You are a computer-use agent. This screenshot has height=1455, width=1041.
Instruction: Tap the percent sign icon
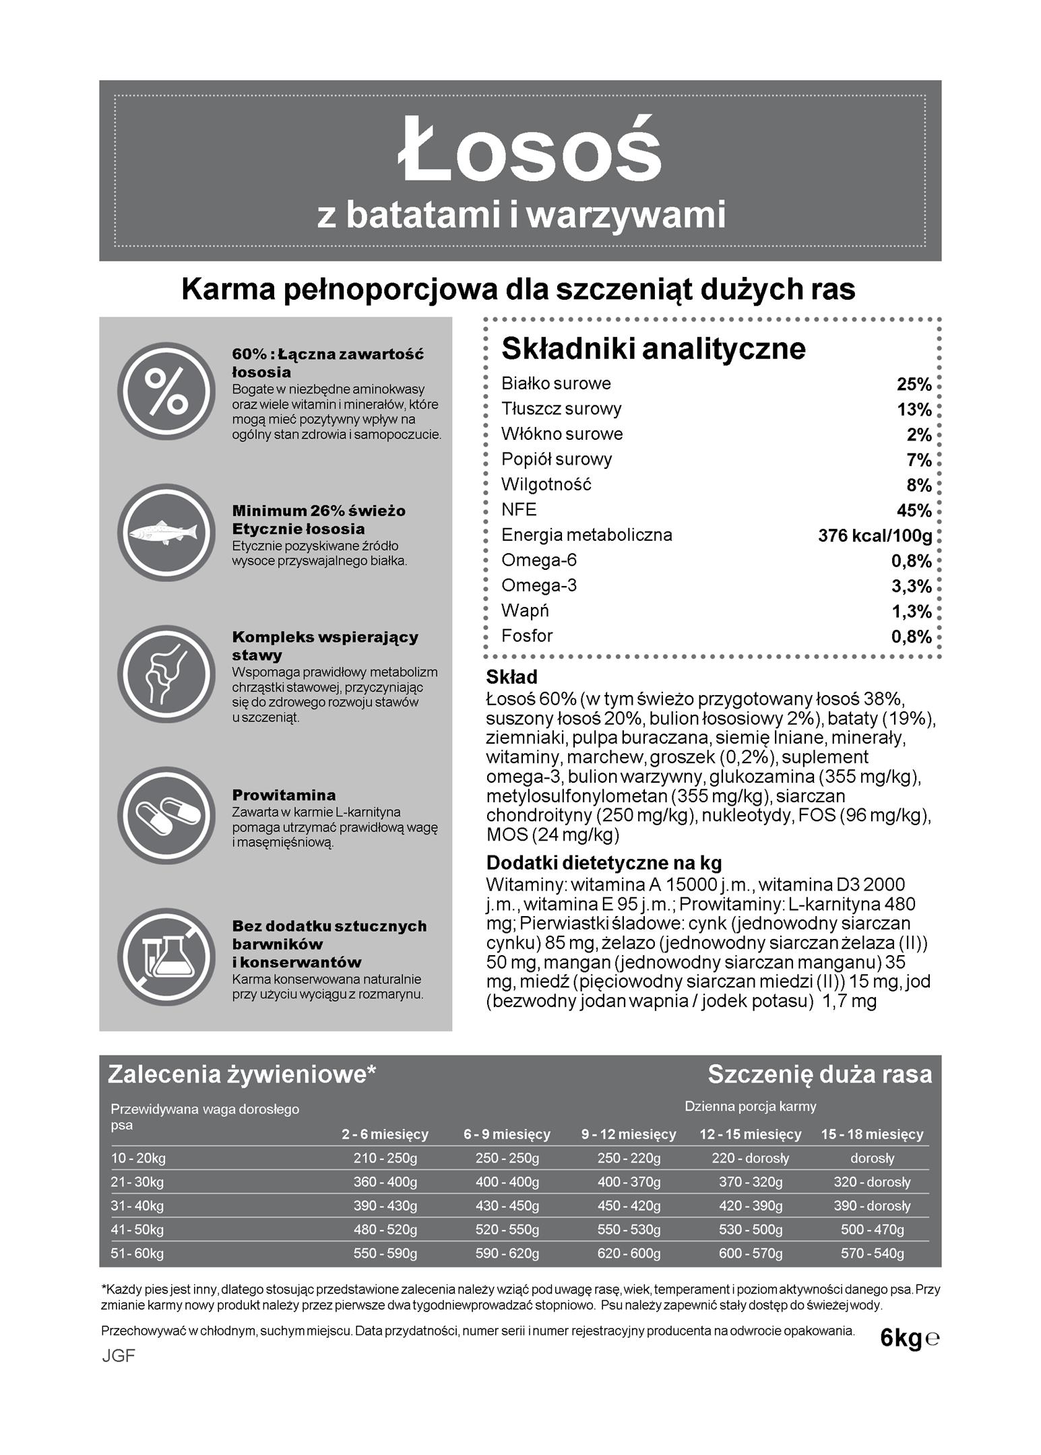[166, 391]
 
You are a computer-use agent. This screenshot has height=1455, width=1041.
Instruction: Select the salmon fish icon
[166, 532]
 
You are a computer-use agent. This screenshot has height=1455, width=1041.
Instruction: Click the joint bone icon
[166, 674]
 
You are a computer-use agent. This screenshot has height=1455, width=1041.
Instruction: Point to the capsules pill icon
[166, 815]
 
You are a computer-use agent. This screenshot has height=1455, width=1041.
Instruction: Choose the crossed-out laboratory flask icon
[166, 957]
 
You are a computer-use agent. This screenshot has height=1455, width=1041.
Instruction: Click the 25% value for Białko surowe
[914, 385]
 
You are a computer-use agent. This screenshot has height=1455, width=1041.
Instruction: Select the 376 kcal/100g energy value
[875, 536]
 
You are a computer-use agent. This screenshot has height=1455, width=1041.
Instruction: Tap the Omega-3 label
[539, 585]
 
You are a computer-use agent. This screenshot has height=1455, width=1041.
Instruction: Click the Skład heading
[512, 677]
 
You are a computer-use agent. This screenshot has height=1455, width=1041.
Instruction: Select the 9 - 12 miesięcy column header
[629, 1134]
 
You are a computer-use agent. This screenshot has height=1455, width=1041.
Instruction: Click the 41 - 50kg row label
[137, 1229]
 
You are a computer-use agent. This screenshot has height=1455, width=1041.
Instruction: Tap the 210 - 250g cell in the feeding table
[385, 1158]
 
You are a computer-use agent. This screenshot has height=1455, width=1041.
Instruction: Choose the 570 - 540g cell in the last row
[872, 1254]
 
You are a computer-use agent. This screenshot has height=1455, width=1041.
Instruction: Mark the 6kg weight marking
[901, 1338]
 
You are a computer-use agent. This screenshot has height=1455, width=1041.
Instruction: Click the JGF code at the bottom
[119, 1356]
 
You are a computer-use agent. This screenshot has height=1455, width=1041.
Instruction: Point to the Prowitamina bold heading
[284, 795]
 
